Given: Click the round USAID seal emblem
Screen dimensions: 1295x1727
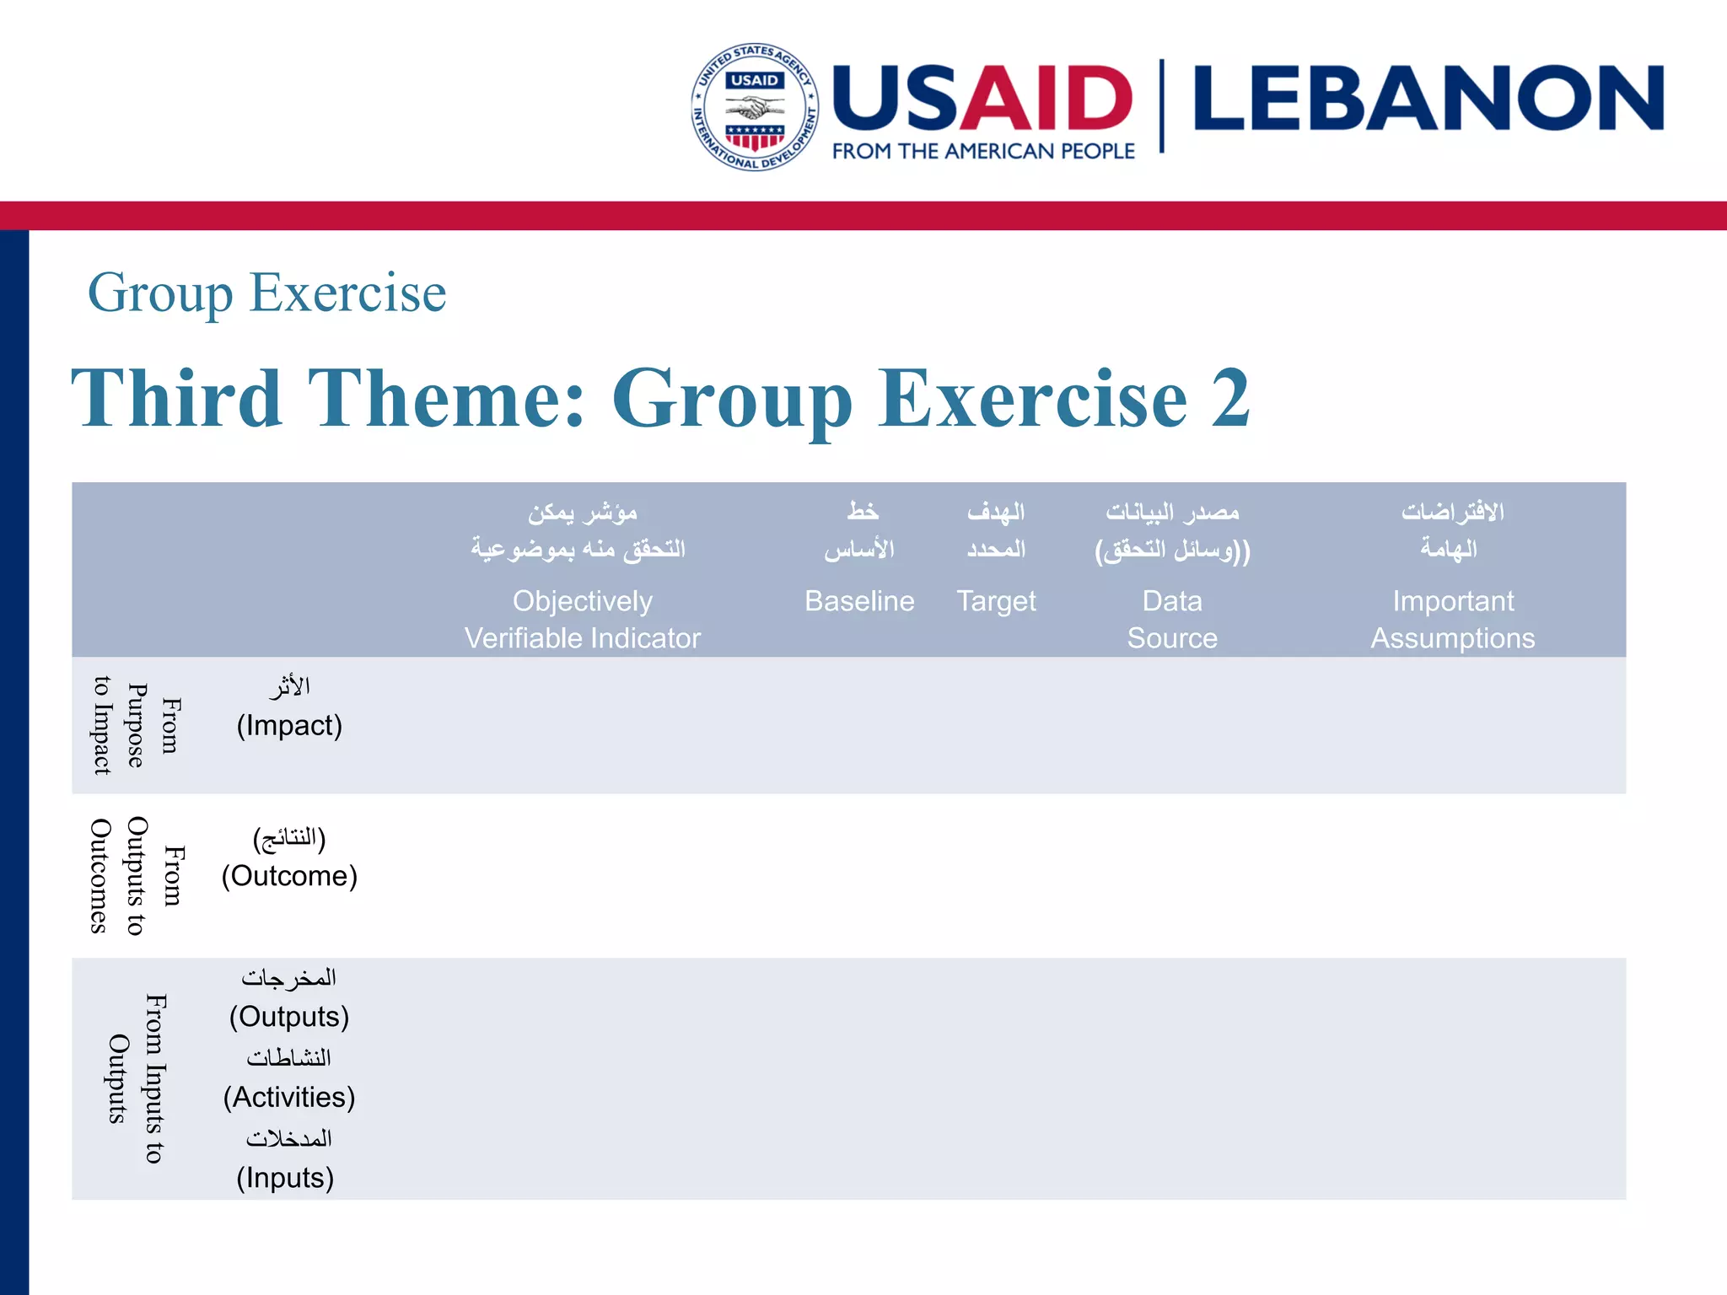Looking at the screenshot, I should coord(755,107).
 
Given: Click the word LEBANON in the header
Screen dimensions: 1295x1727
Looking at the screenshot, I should coord(1428,99).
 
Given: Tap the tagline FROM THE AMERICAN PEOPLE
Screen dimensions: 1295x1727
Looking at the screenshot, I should coord(983,152).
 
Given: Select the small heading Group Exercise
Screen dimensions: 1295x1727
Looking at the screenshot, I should coord(266,293).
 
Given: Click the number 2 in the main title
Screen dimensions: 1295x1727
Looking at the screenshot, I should coord(1230,398).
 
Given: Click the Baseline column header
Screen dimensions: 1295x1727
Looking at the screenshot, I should coord(859,601).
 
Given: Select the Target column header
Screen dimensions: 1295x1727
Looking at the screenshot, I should coord(996,601).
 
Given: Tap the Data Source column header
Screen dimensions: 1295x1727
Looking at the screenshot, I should coord(1172,620).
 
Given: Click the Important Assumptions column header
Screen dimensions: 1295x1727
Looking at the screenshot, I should coord(1452,620).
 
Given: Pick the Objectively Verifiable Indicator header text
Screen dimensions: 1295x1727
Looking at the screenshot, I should coord(582,620).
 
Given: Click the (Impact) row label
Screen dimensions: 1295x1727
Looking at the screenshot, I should coord(289,726).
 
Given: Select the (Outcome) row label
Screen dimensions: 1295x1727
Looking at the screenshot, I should coord(289,876).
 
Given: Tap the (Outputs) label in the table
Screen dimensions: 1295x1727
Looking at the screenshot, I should coord(289,1017).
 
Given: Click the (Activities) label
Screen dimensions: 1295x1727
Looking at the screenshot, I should coord(289,1097).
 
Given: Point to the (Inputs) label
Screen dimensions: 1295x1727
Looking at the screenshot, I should coord(285,1178).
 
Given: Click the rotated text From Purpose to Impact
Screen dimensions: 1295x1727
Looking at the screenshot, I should coord(136,726).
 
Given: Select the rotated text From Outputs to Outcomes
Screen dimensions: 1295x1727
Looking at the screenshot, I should coord(136,876).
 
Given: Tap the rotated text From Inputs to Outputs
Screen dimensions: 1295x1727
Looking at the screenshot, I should coord(136,1079).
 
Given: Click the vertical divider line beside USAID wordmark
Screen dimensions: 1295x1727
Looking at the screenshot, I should coord(1162,105).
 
